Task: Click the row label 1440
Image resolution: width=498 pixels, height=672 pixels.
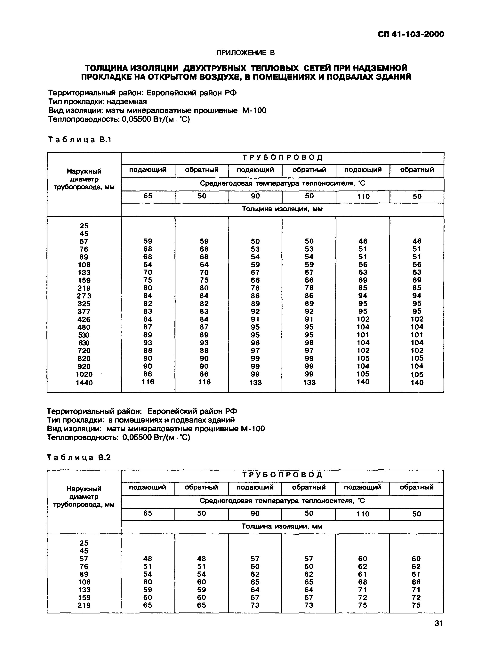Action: [x=84, y=383]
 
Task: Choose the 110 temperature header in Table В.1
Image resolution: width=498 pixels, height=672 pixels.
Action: [x=363, y=197]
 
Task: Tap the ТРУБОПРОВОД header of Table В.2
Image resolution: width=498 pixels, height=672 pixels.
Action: [x=282, y=475]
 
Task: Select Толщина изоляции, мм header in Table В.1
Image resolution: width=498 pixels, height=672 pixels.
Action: [x=282, y=209]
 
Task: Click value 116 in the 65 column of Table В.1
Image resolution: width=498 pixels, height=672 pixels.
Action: [x=148, y=382]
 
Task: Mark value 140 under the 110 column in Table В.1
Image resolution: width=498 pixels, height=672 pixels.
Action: [x=363, y=382]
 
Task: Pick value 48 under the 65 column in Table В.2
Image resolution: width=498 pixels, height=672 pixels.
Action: [x=148, y=559]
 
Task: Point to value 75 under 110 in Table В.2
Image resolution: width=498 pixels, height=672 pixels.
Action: [x=363, y=605]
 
